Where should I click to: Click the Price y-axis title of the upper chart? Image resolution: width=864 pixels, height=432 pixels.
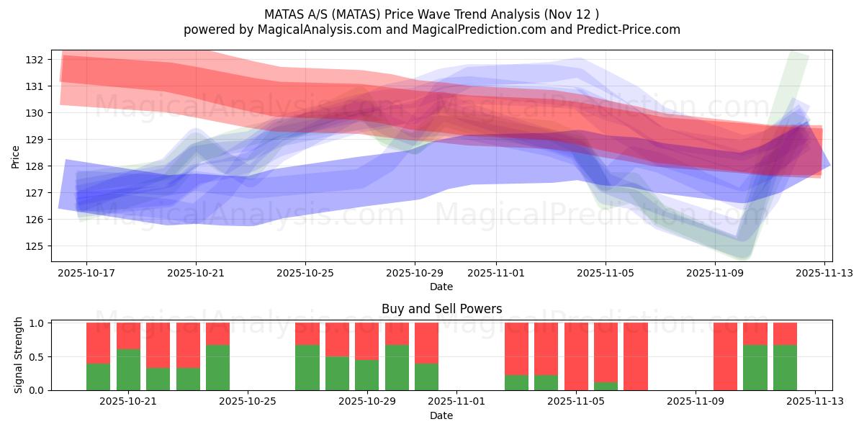pos(16,156)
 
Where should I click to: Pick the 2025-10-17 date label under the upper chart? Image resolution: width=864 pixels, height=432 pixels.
pos(86,274)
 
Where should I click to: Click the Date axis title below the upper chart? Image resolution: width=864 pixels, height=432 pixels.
pos(441,287)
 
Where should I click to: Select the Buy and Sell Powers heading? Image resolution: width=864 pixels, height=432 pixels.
pos(441,309)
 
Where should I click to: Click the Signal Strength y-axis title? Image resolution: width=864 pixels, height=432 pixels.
pos(19,356)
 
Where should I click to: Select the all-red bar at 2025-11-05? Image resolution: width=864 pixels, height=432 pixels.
pos(576,356)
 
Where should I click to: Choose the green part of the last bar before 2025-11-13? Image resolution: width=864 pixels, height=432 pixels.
pos(785,368)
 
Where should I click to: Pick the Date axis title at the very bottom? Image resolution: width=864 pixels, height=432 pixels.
pos(441,415)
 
